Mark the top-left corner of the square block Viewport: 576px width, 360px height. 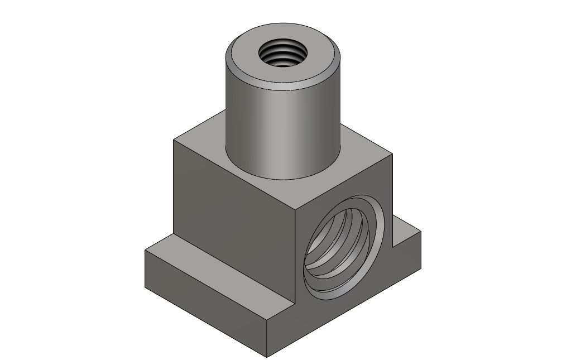174,140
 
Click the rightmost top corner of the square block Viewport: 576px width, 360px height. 392,154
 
